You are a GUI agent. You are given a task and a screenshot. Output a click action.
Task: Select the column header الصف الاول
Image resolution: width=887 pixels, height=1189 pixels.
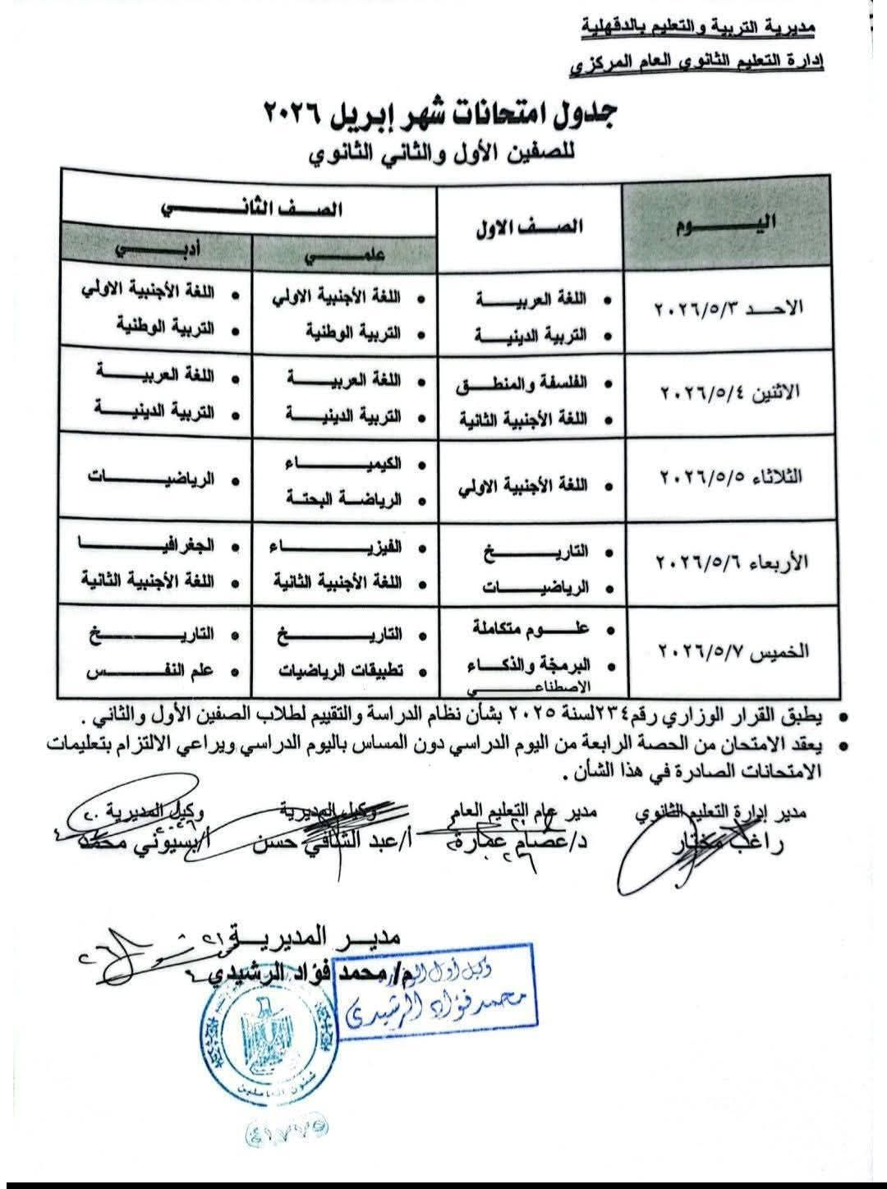(530, 227)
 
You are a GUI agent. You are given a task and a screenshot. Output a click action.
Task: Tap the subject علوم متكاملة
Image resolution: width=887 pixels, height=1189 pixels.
(530, 630)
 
